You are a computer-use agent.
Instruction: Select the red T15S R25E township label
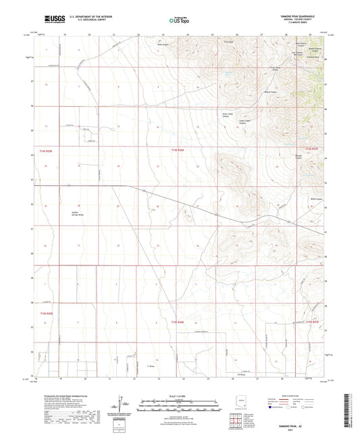tap(44, 313)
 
